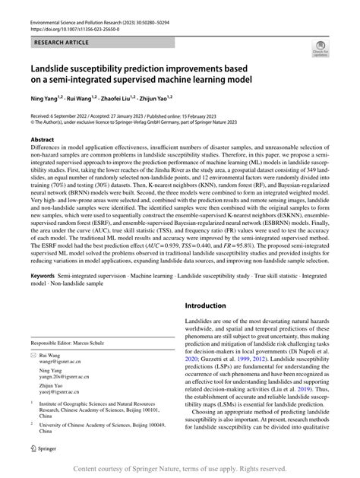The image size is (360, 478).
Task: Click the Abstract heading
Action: click(41, 140)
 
